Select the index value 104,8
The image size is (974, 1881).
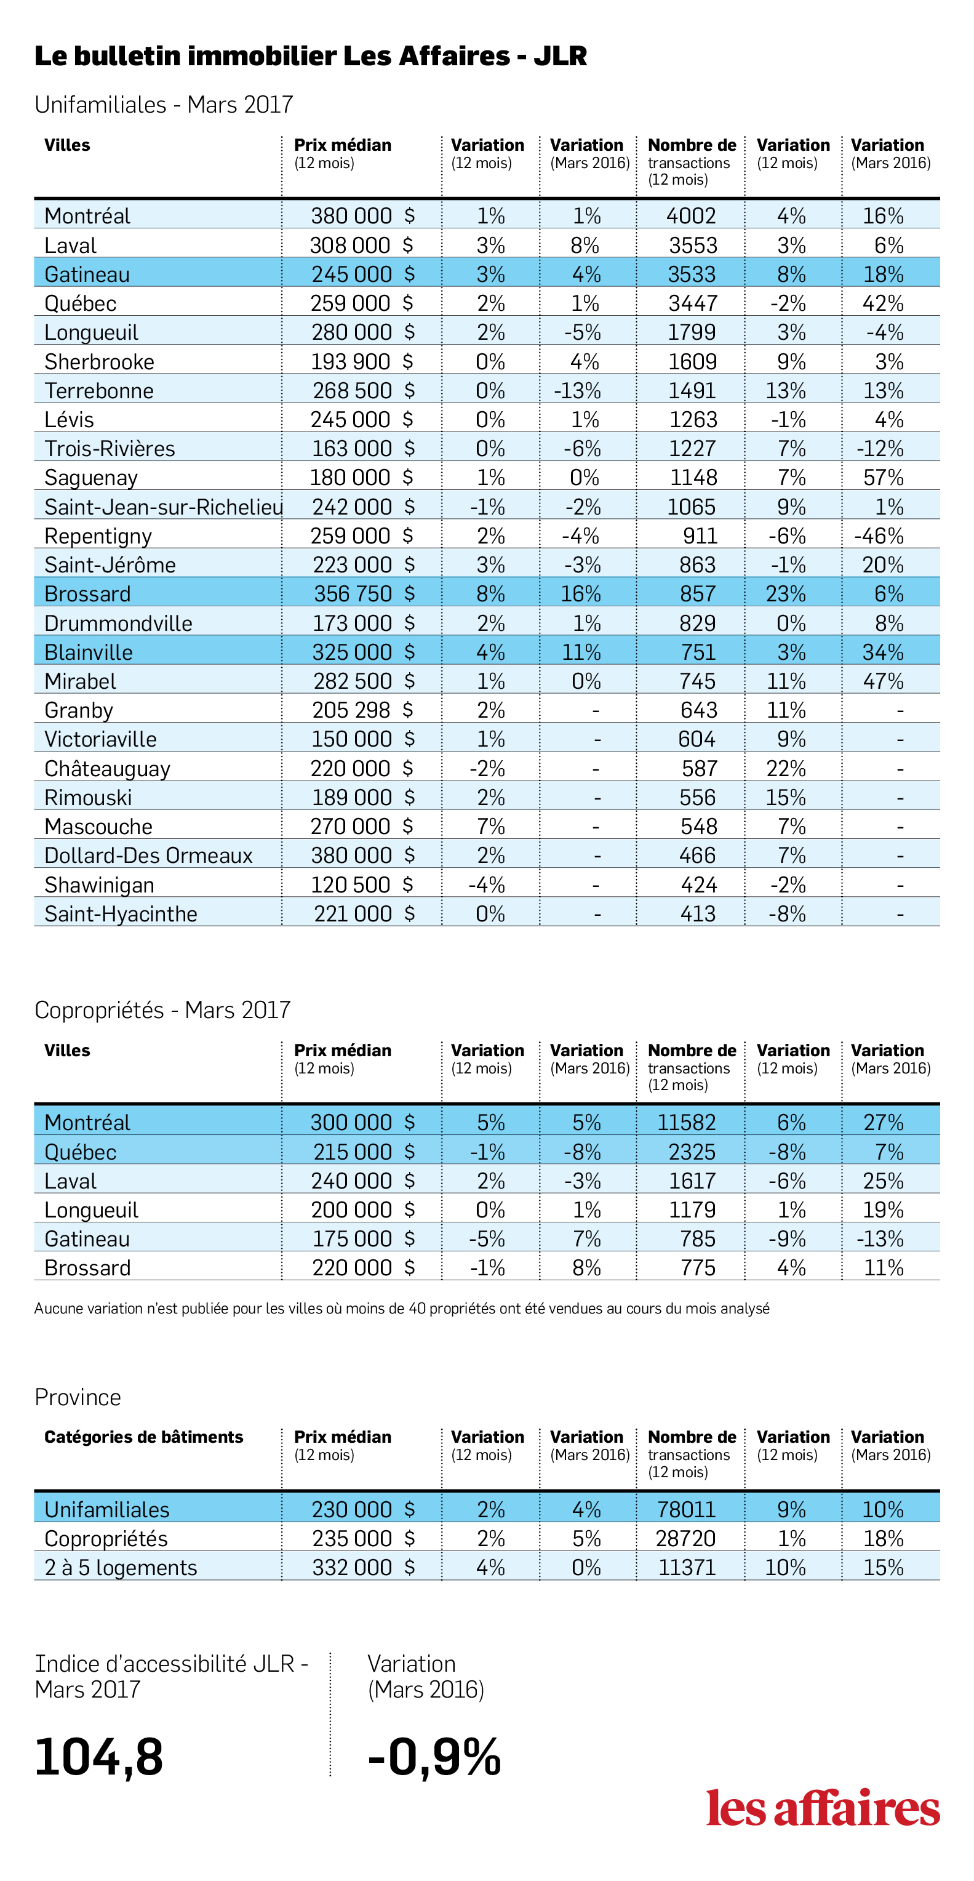click(98, 1756)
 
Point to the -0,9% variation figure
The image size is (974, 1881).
click(434, 1756)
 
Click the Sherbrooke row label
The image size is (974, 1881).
click(99, 361)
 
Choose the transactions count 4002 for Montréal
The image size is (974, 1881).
click(691, 216)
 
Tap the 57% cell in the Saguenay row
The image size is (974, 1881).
click(884, 478)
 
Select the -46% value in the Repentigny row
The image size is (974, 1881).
click(879, 536)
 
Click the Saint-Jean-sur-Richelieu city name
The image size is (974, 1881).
click(164, 507)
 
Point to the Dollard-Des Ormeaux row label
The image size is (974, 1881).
click(148, 856)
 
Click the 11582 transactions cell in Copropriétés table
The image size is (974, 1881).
click(686, 1122)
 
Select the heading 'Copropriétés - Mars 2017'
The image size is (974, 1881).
click(162, 1010)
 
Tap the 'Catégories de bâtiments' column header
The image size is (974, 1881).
click(144, 1437)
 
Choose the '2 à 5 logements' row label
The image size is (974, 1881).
click(121, 1568)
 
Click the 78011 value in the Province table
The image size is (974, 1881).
click(686, 1509)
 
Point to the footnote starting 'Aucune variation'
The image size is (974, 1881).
click(402, 1309)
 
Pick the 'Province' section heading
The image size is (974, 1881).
click(78, 1398)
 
